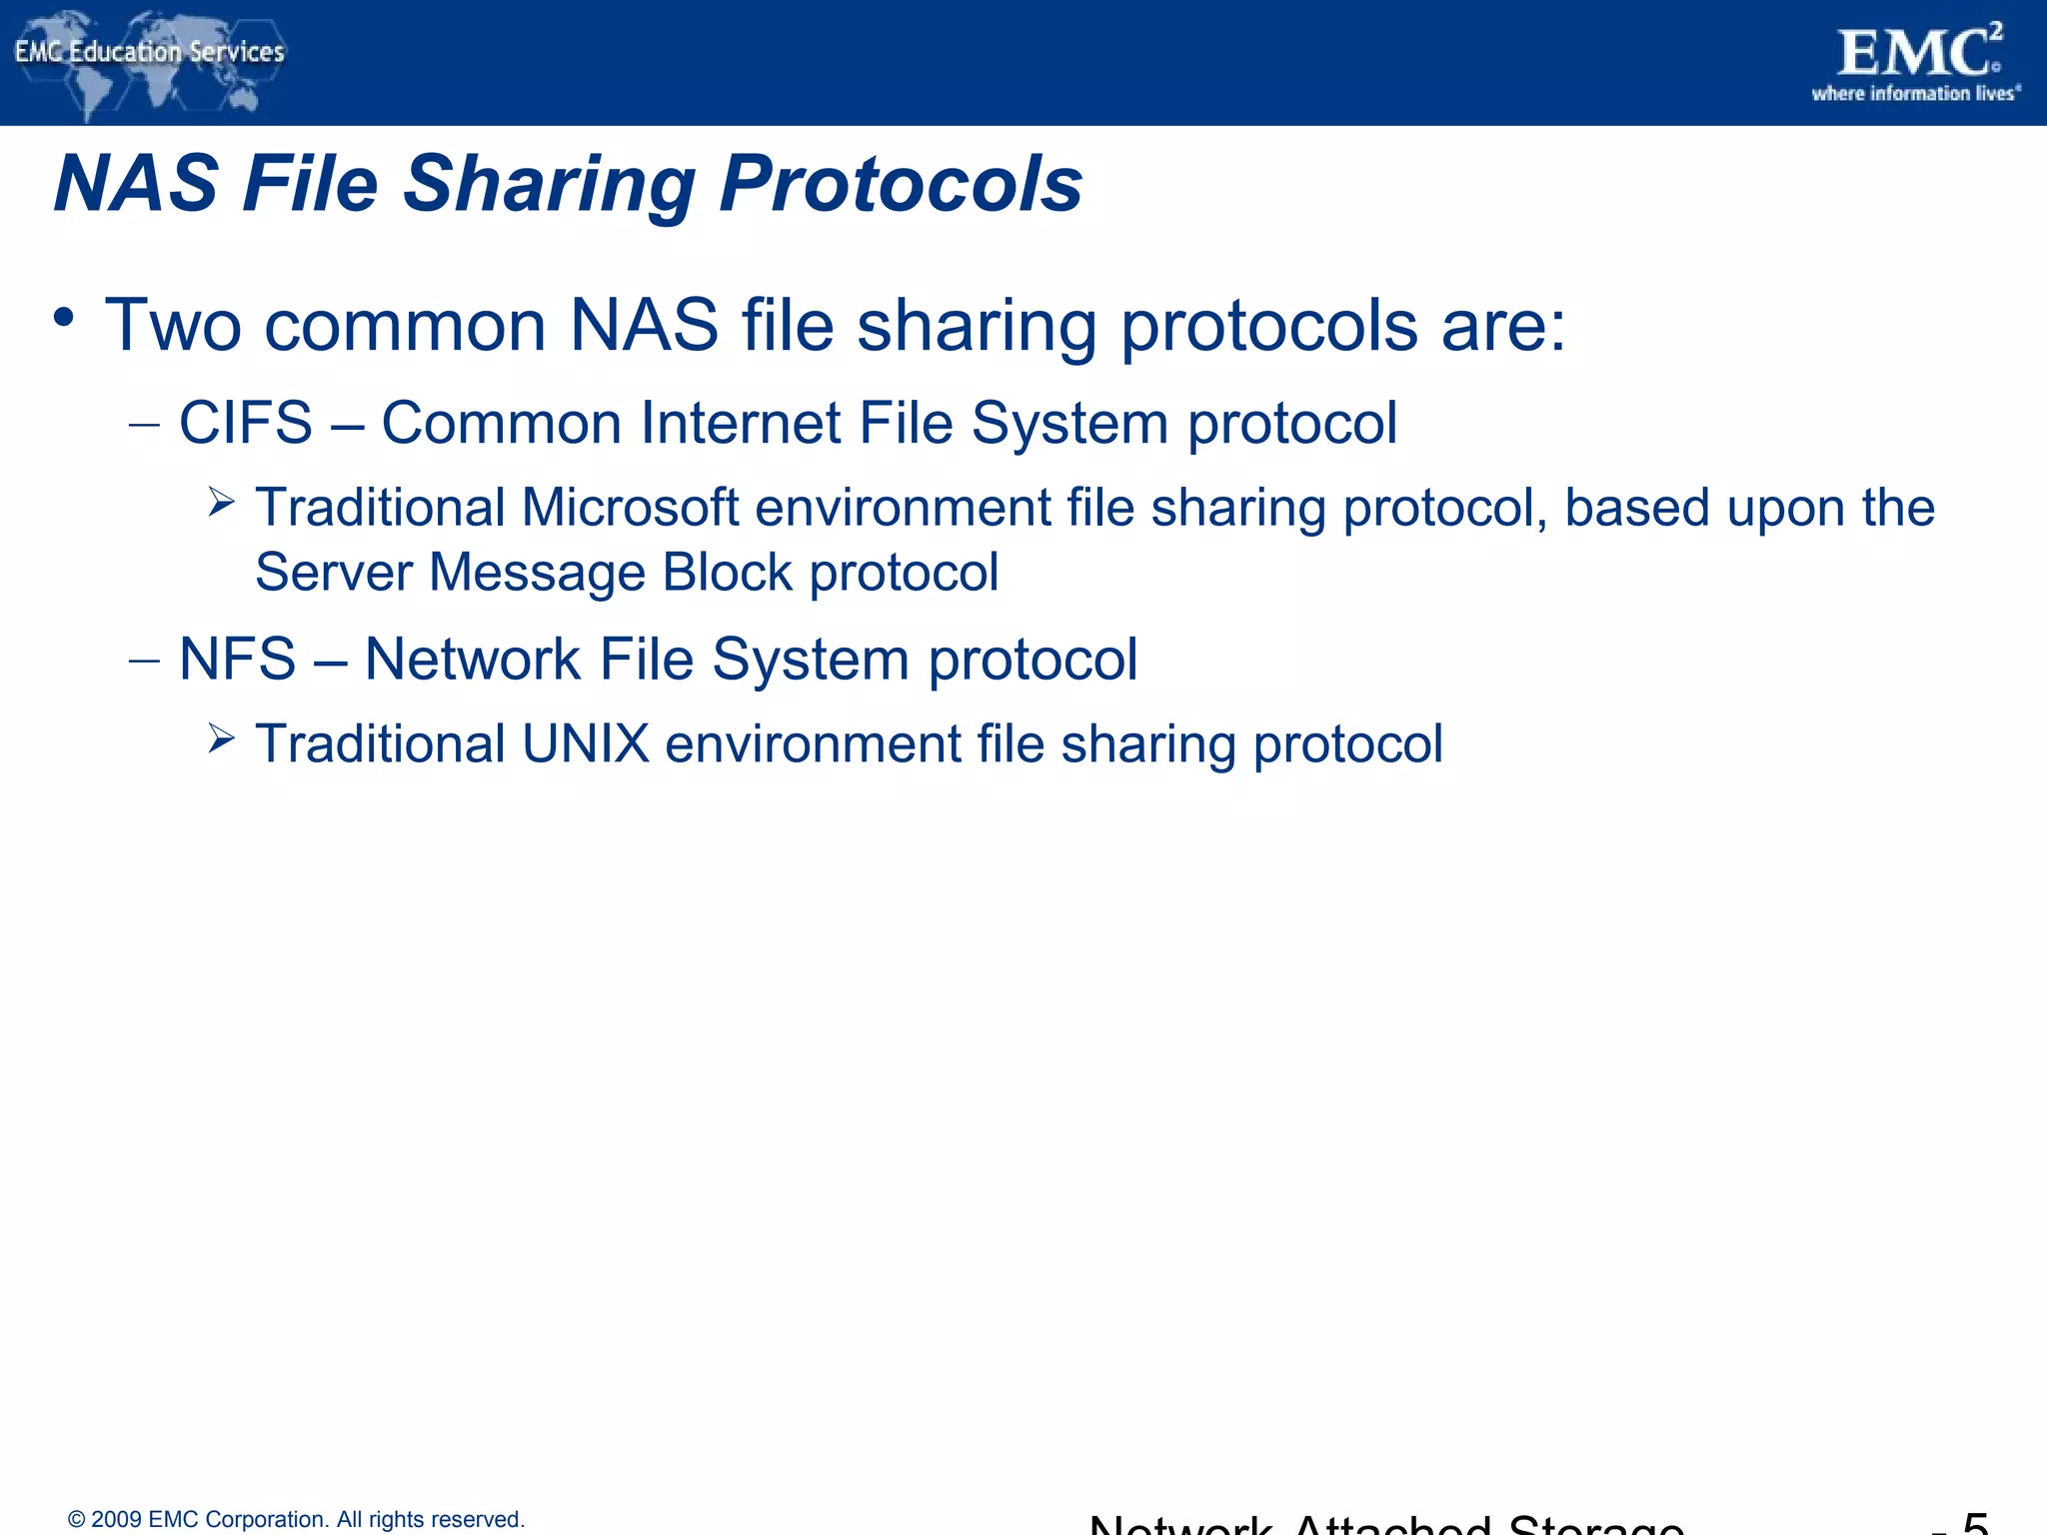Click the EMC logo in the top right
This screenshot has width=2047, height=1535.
(x=1917, y=54)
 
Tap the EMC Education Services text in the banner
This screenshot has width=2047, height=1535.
(x=150, y=52)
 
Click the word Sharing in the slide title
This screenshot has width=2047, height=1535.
(x=549, y=185)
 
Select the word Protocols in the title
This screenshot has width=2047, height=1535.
(x=901, y=185)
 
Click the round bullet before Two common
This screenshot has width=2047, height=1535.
(x=65, y=319)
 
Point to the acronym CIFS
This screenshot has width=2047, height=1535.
(x=246, y=423)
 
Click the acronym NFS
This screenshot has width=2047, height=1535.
(x=238, y=660)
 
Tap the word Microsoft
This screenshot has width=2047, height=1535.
(x=630, y=508)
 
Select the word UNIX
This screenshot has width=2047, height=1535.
(x=585, y=745)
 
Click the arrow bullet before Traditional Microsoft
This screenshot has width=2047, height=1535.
(x=221, y=502)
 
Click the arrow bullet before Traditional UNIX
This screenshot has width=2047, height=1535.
(x=221, y=740)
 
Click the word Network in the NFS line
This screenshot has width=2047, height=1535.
(x=473, y=660)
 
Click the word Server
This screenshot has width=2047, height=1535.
(x=334, y=573)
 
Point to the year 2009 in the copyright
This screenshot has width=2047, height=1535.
(x=116, y=1520)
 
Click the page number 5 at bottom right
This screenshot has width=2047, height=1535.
(x=1975, y=1523)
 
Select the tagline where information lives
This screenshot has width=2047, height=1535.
(x=1915, y=94)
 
